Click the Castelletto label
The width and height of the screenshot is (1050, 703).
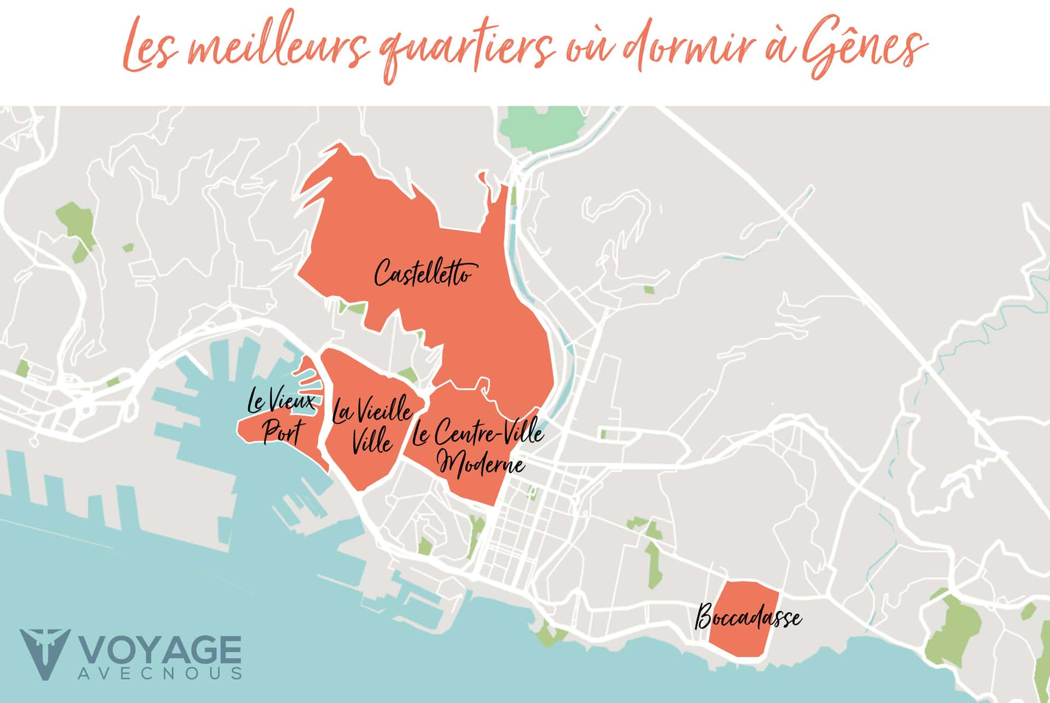422,273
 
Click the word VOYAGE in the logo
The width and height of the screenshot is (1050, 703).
161,651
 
